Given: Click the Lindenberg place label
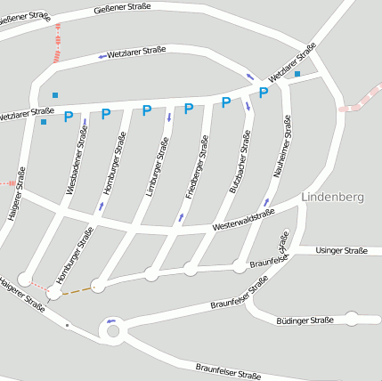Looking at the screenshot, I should point(332,197).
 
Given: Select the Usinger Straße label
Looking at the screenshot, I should point(342,251).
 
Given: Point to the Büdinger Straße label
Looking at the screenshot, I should point(305,320).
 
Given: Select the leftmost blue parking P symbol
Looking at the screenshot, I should point(68,116).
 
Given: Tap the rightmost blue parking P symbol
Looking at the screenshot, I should point(264,93).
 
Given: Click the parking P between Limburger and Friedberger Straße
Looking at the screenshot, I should point(189,109).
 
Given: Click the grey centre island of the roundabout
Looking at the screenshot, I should point(112,333).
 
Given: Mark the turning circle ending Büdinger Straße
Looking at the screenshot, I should point(352,318).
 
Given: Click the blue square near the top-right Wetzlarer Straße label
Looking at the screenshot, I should point(298,74).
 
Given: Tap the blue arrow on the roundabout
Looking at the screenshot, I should point(110,320).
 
